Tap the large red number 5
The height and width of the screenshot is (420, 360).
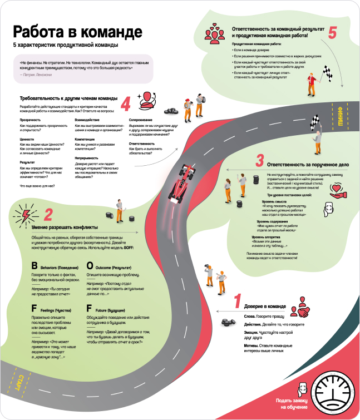[x=333, y=33]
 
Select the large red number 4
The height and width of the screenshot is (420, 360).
[x=125, y=103]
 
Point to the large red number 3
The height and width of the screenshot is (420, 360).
[x=259, y=161]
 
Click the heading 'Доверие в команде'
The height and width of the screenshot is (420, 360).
[x=264, y=307]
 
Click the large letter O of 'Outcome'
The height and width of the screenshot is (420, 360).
[x=90, y=266]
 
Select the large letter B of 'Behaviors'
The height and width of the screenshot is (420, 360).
[x=34, y=266]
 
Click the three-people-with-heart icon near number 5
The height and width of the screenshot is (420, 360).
[x=213, y=32]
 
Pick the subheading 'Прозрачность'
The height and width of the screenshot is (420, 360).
[x=31, y=120]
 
